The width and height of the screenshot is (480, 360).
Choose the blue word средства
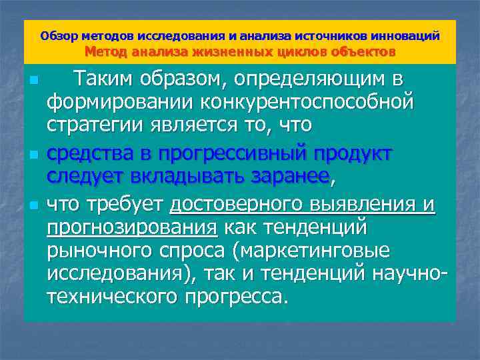click(x=89, y=153)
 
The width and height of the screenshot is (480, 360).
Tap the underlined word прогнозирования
click(x=132, y=227)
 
